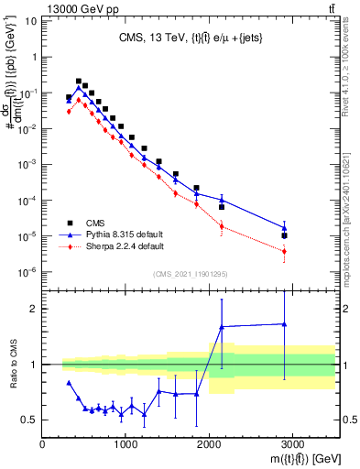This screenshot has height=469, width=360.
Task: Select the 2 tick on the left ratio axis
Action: [34, 309]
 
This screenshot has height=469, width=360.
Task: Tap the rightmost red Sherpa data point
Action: [285, 251]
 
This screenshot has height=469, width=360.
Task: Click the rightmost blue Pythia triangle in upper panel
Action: [285, 228]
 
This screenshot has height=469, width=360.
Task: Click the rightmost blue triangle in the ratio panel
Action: [285, 323]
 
